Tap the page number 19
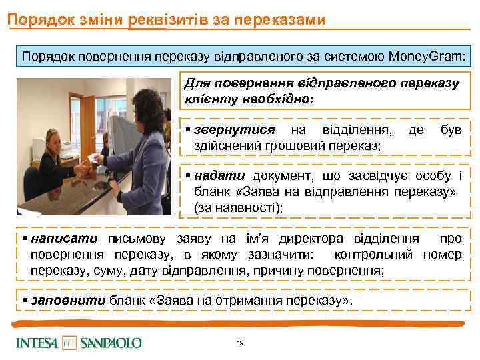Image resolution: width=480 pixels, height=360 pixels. coord(240,343)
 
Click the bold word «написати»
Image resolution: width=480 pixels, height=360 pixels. coord(63,239)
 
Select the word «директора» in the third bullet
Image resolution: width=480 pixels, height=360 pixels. coord(323,239)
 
